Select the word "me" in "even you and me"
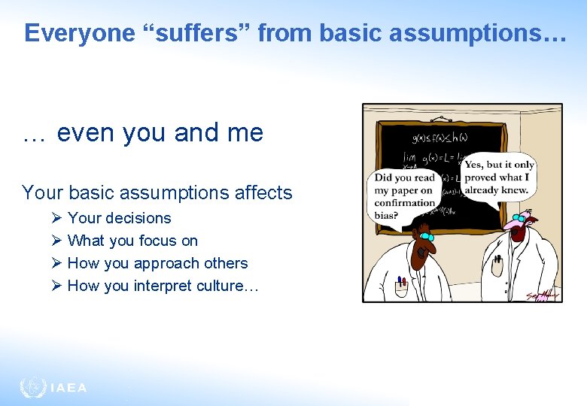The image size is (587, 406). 246,133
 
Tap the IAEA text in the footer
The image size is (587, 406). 68,388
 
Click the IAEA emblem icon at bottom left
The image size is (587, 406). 32,387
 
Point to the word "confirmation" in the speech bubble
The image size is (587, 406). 406,202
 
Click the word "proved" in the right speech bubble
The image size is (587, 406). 481,177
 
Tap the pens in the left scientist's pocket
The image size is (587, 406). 401,283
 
